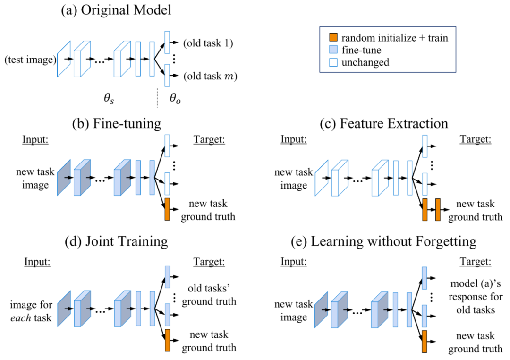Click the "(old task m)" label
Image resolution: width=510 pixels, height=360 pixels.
210,76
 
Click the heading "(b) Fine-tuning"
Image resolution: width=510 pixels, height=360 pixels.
117,124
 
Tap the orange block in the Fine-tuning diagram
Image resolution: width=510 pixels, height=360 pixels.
167,209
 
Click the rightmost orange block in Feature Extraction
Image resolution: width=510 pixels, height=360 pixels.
438,209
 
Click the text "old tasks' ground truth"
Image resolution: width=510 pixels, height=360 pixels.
208,294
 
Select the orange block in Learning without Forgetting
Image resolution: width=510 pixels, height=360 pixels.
424,341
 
